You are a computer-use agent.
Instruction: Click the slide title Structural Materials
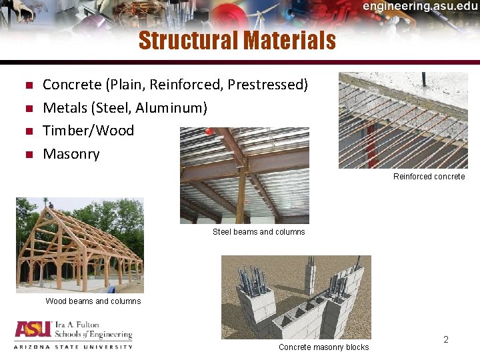(237, 41)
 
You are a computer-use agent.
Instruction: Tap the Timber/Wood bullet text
(88, 131)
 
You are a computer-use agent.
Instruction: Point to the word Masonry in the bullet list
(71, 154)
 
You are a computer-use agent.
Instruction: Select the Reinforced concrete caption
(429, 177)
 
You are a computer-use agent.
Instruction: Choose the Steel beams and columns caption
(259, 232)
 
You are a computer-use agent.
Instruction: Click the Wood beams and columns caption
(93, 301)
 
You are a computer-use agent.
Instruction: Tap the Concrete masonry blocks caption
(323, 347)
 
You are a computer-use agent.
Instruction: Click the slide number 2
(446, 340)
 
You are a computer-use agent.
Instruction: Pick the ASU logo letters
(33, 331)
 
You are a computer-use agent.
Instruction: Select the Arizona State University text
(73, 347)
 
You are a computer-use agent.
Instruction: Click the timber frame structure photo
(79, 245)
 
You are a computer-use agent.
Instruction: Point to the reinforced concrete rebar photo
(403, 120)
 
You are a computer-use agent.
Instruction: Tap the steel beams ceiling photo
(244, 175)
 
